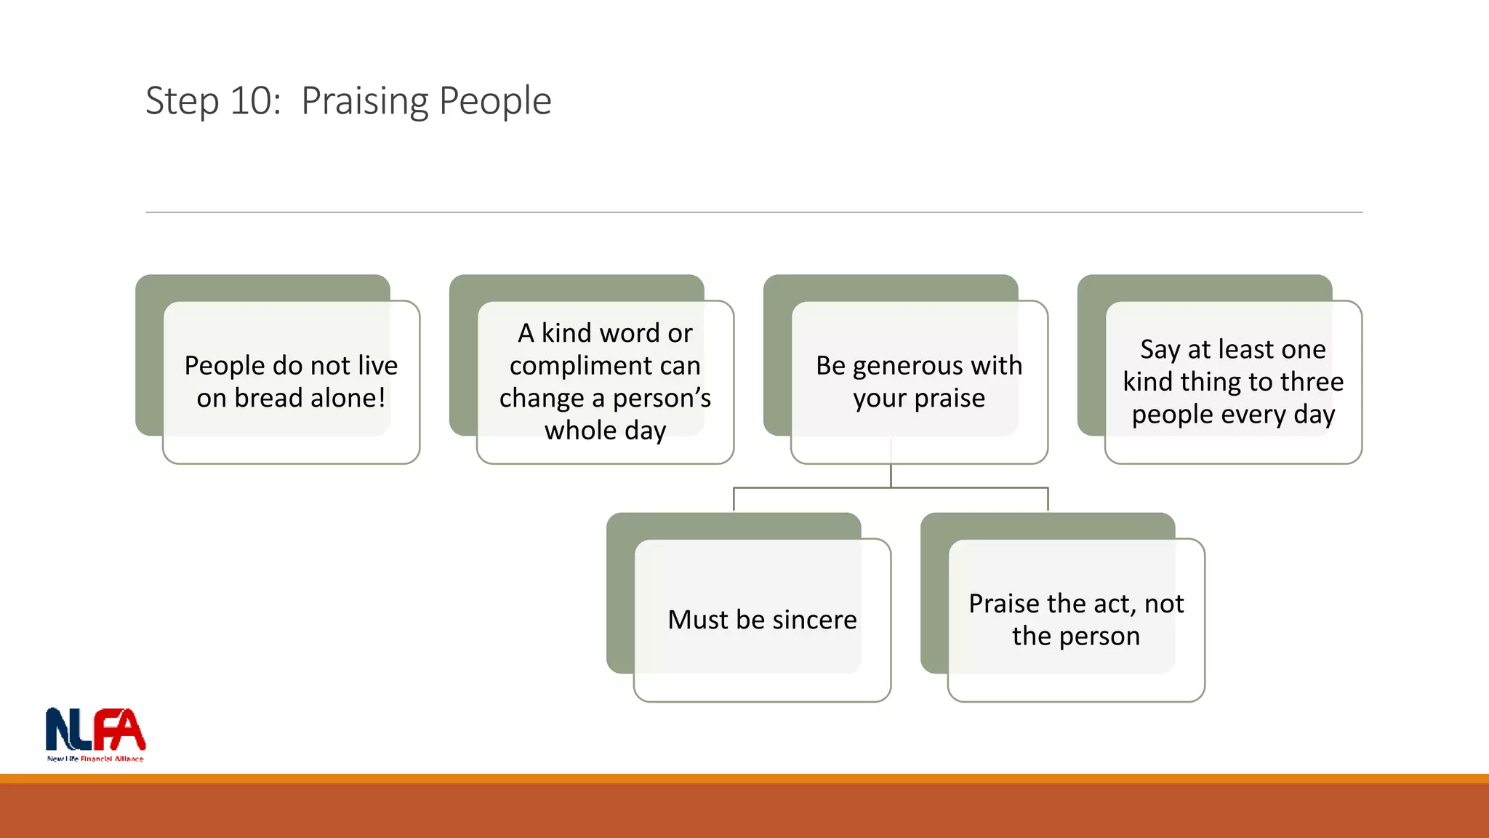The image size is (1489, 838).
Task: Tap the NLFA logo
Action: (x=95, y=731)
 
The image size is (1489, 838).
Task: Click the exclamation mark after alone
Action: (x=381, y=398)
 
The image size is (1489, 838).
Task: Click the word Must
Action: (x=698, y=620)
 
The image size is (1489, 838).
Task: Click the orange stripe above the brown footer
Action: (x=744, y=778)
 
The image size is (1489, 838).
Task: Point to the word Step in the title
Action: (x=182, y=102)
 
